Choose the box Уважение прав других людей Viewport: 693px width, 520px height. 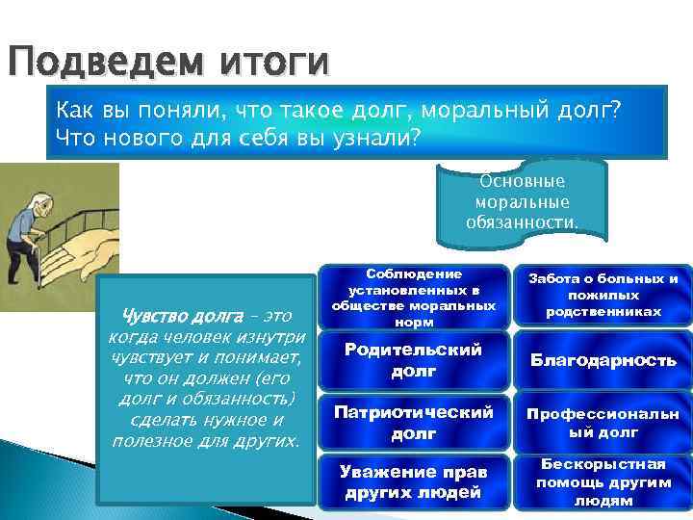click(413, 482)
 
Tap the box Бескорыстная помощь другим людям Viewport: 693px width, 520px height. click(602, 482)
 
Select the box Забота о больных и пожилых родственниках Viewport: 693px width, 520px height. click(602, 295)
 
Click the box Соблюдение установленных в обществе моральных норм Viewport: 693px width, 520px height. click(413, 294)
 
